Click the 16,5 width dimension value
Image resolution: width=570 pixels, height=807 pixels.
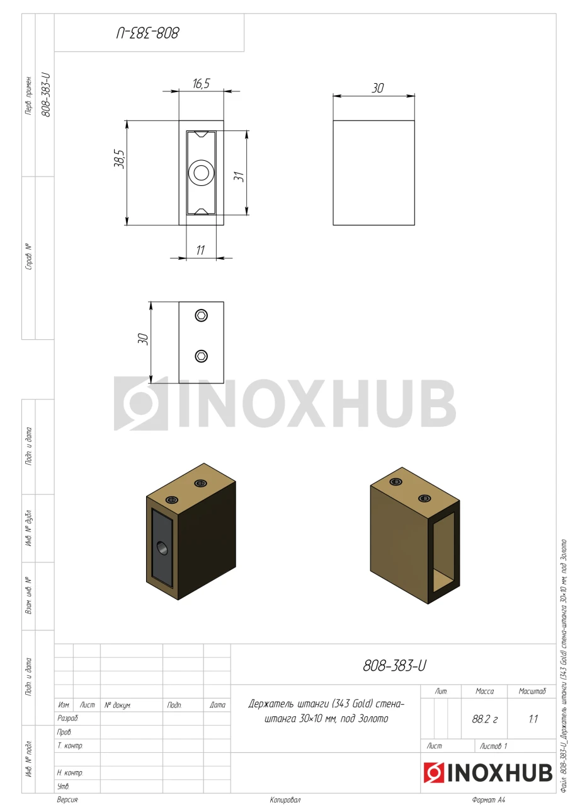pyautogui.click(x=201, y=84)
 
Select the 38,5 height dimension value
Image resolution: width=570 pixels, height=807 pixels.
pyautogui.click(x=120, y=159)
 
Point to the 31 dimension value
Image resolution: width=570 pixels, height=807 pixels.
pyautogui.click(x=239, y=177)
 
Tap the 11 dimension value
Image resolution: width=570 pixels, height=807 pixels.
pyautogui.click(x=200, y=250)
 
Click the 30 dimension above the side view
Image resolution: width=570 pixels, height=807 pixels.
pyautogui.click(x=377, y=88)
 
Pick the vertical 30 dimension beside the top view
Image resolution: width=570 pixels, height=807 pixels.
pyautogui.click(x=143, y=339)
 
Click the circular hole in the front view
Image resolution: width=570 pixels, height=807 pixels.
pyautogui.click(x=201, y=173)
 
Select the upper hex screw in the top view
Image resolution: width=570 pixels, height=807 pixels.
pyautogui.click(x=201, y=316)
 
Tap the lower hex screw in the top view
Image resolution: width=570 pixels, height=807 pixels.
pyautogui.click(x=201, y=356)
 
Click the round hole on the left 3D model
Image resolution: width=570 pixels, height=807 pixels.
pyautogui.click(x=162, y=549)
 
